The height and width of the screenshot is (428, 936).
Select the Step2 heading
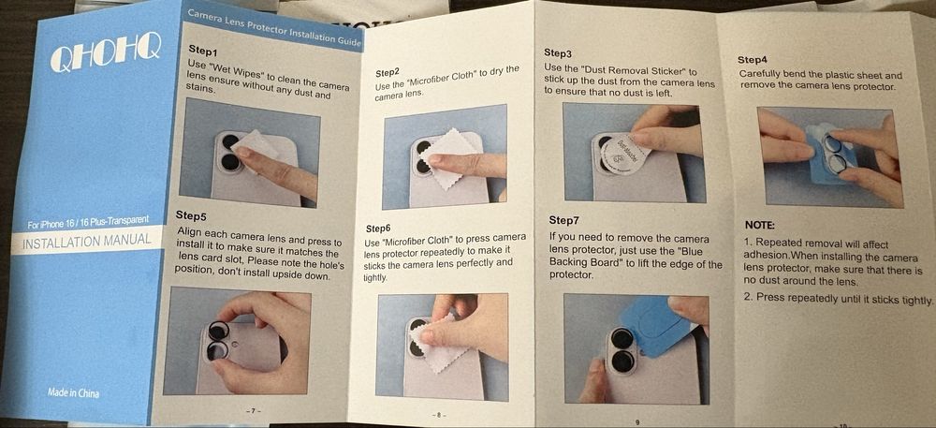pos(388,73)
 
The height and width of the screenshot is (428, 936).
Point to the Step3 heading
pos(558,52)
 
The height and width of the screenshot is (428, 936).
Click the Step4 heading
pos(752,60)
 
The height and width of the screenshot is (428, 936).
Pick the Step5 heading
pos(191,214)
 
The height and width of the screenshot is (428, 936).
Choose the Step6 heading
pos(378,228)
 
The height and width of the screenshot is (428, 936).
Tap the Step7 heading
pos(563,221)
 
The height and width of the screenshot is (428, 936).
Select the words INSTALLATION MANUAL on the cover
pos(86,242)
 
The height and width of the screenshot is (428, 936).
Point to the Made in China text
pos(74,392)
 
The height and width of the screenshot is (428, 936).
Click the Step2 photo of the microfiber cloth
pos(444,157)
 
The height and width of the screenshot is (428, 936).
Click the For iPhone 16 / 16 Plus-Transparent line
pos(88,224)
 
